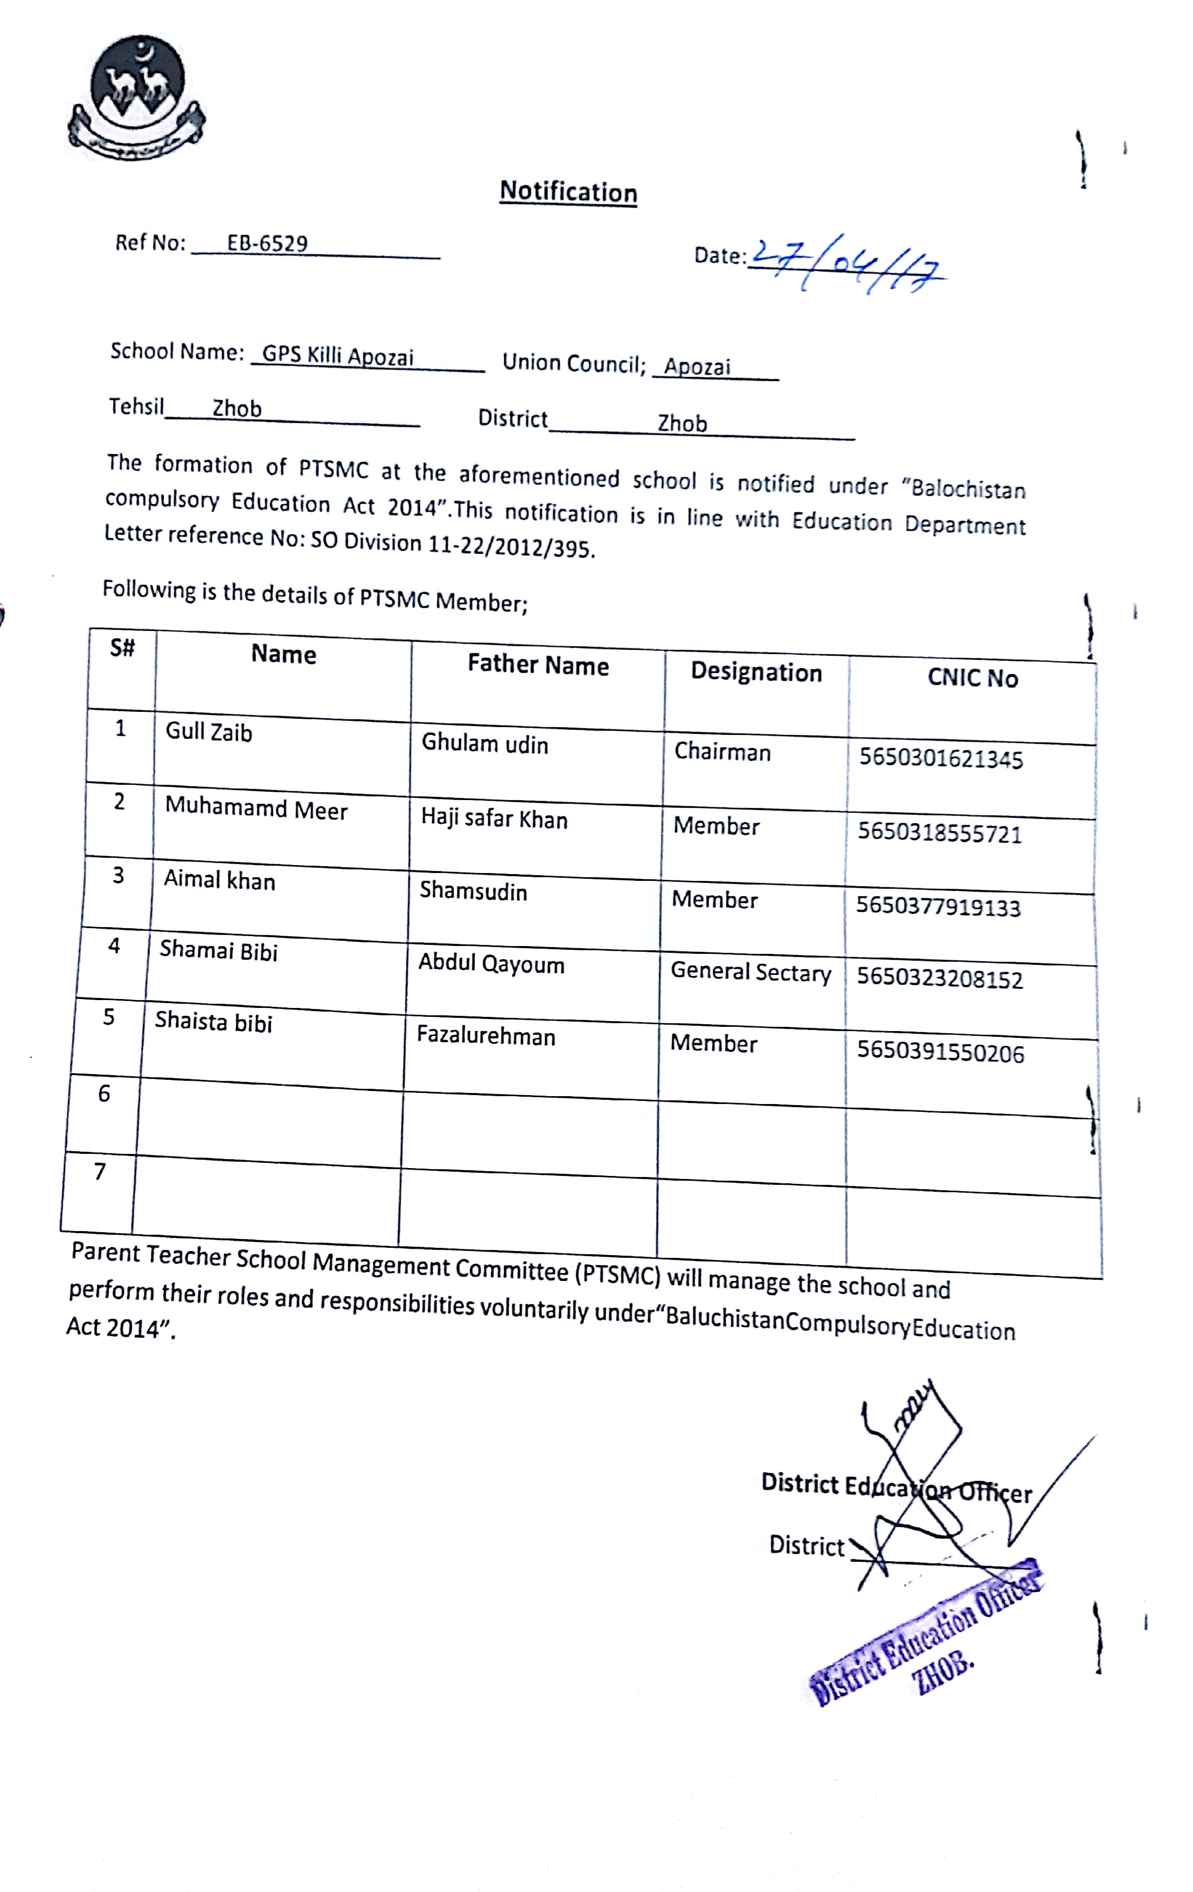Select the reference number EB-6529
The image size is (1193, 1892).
[267, 244]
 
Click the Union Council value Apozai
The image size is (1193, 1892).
[697, 366]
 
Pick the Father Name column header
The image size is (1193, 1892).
[538, 666]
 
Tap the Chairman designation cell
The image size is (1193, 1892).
[722, 752]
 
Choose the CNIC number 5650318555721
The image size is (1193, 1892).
[939, 833]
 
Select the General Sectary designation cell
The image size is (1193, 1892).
[750, 973]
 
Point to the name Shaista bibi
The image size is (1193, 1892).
[214, 1022]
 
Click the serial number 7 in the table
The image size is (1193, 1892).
[100, 1172]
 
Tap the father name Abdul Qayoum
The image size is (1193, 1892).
[491, 963]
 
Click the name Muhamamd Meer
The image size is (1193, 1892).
[256, 808]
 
